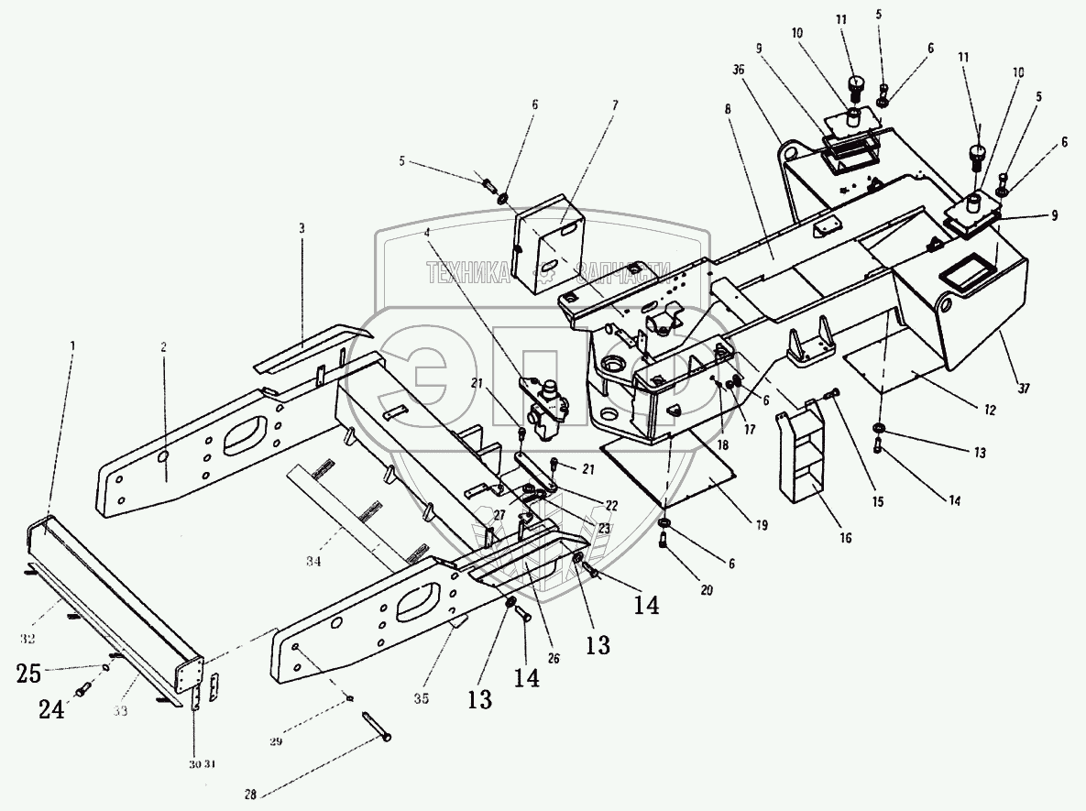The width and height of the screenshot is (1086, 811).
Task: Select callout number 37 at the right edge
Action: point(1025,389)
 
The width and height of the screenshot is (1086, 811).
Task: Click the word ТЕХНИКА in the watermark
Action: point(466,269)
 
